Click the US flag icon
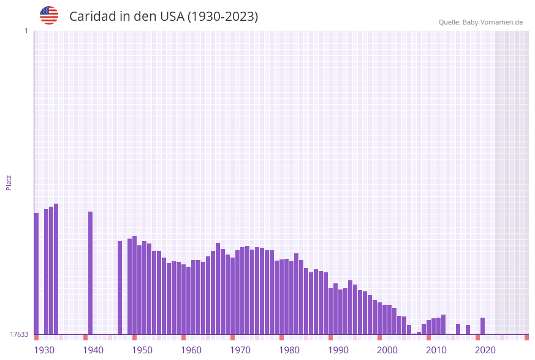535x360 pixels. click(x=49, y=15)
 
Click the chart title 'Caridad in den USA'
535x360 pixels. click(x=163, y=17)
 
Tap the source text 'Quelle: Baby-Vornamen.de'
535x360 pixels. click(x=480, y=22)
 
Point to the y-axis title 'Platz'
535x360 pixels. click(x=9, y=182)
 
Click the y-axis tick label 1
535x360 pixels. click(x=26, y=31)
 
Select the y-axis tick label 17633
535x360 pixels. click(x=18, y=334)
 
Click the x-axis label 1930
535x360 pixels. click(x=44, y=350)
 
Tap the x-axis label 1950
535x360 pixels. click(x=142, y=350)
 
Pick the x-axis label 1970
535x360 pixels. click(x=240, y=350)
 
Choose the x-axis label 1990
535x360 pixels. click(x=338, y=350)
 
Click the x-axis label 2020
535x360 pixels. click(x=485, y=350)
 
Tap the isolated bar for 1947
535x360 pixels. click(x=120, y=288)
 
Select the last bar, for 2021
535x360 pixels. click(x=482, y=326)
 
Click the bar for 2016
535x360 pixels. click(x=458, y=329)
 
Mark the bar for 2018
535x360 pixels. click(x=468, y=329)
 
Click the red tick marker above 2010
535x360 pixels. click(x=428, y=337)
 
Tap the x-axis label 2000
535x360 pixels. click(x=387, y=350)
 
